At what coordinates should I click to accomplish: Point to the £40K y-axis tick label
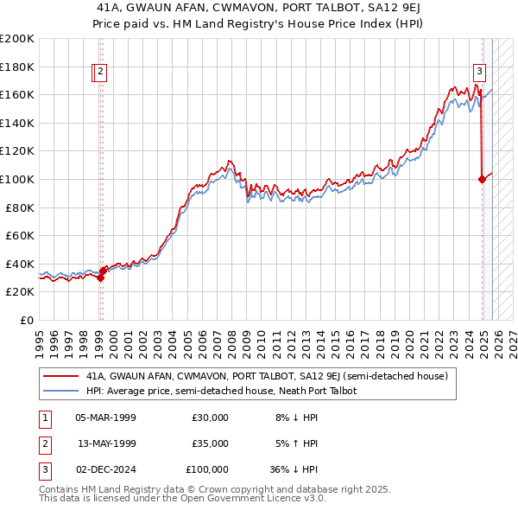19,264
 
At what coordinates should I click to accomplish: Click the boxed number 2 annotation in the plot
101,73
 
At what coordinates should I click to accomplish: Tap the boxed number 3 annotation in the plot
478,73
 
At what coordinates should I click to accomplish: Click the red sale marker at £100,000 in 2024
482,179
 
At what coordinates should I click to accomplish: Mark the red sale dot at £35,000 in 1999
103,271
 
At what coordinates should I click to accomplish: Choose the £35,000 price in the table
210,443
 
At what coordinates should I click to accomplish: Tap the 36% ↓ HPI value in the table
294,469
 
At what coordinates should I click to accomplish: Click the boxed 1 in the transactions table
42,418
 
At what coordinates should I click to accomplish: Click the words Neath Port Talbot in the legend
322,391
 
